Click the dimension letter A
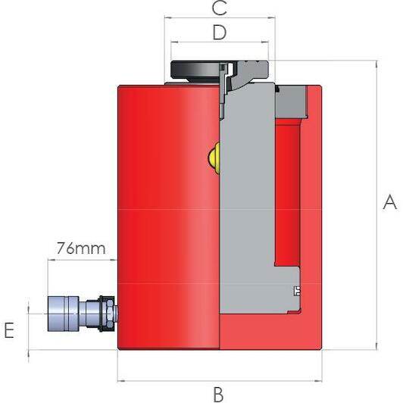tap(389, 202)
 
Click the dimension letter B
tap(218, 395)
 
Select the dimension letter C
tap(219, 8)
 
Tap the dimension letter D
tap(220, 33)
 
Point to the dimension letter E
tap(9, 330)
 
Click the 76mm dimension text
tap(81, 248)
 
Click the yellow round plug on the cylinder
tap(214, 158)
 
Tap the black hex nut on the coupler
tap(107, 314)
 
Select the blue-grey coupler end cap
tap(63, 314)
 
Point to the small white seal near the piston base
tap(297, 290)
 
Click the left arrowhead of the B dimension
tap(120, 381)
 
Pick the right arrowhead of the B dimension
tap(318, 381)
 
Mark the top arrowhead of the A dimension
tap(376, 64)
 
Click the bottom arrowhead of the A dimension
tap(376, 346)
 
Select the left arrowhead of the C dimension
tap(167, 17)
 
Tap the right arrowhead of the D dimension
tap(265, 42)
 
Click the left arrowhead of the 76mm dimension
tap(52, 260)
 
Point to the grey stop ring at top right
tap(291, 101)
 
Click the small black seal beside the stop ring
tap(277, 89)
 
